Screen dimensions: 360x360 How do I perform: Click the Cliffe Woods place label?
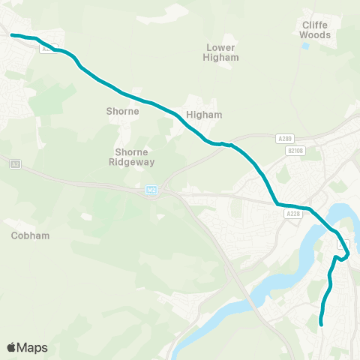315,29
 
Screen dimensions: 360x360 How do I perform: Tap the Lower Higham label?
222,52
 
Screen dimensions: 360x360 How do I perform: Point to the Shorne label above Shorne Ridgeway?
123,111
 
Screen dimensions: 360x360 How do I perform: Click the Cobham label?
31,235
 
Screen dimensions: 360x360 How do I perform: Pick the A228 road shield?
293,214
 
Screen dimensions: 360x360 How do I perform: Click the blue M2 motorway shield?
152,190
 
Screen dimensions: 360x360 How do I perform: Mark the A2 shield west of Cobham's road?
14,163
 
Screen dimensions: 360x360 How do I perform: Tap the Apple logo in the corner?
12,347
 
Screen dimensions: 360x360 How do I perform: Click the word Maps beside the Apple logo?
32,347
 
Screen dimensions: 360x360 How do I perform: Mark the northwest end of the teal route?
12,34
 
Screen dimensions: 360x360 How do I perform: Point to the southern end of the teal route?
322,324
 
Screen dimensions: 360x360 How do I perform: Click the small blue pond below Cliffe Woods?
306,46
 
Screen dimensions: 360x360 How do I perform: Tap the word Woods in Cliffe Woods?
315,34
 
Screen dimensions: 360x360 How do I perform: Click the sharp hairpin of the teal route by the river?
347,254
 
